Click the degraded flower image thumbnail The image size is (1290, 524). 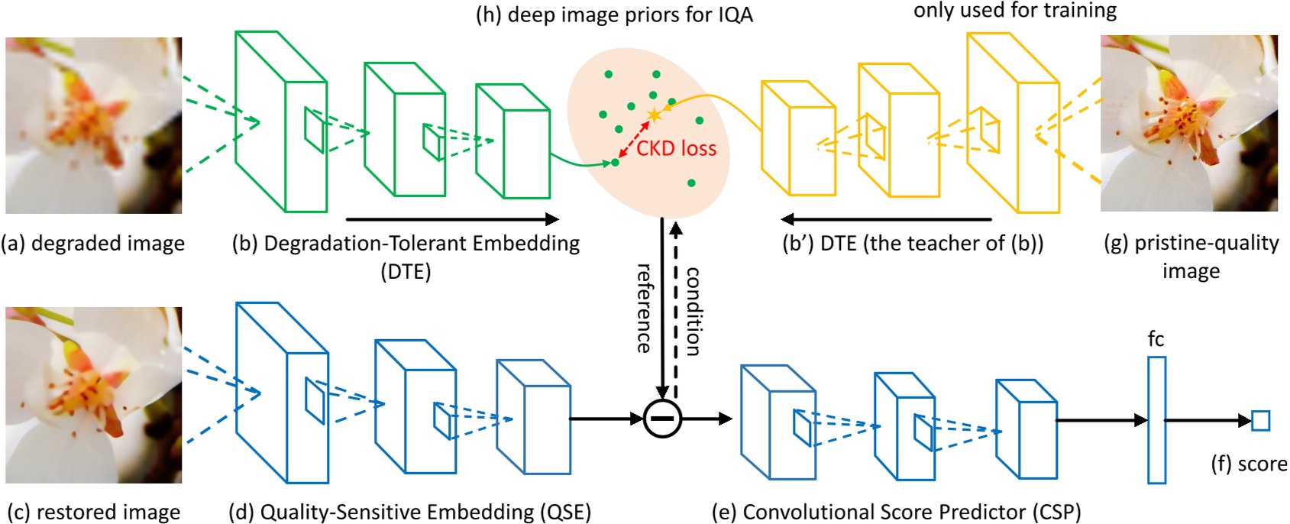(93, 125)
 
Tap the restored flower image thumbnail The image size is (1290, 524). (93, 395)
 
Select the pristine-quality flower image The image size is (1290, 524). (1188, 124)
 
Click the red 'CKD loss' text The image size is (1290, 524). (676, 148)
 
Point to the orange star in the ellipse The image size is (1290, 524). (654, 115)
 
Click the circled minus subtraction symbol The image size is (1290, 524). (661, 419)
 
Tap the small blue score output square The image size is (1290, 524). (1260, 421)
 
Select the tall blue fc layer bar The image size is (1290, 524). (1156, 420)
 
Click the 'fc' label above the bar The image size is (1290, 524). (1156, 339)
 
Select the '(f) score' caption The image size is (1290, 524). (1249, 464)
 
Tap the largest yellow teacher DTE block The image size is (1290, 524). (1013, 122)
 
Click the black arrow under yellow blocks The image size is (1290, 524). (886, 220)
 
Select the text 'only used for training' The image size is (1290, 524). (1014, 11)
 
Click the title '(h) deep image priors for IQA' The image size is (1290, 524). (614, 15)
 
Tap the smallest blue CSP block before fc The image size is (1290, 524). (1026, 429)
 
